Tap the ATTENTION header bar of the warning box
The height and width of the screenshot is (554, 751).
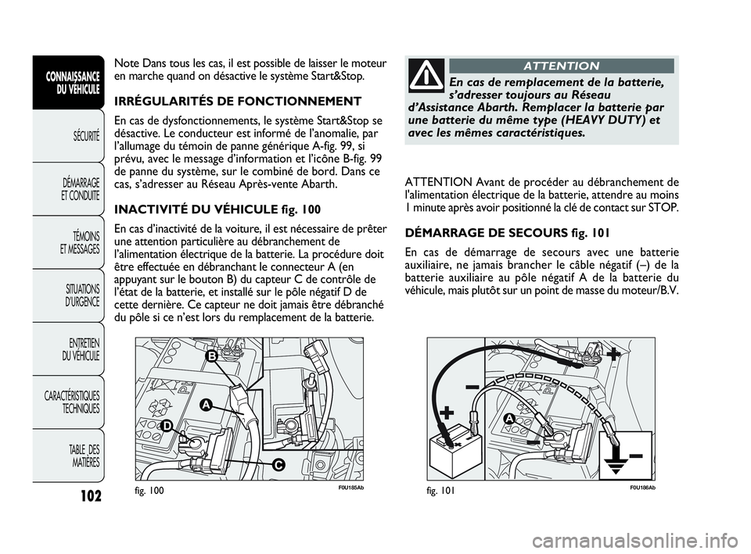pyautogui.click(x=561, y=66)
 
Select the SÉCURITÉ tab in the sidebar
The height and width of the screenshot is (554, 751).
pyautogui.click(x=83, y=138)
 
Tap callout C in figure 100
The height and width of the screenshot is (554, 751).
pyautogui.click(x=278, y=465)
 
